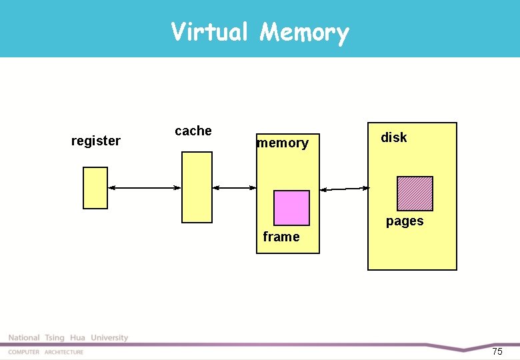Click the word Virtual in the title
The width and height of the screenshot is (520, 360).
tap(209, 31)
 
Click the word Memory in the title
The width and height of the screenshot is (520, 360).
tap(304, 32)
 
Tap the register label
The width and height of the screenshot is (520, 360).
tap(96, 141)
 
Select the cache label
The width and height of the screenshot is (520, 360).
tap(193, 131)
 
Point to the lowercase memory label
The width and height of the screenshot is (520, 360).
tap(283, 143)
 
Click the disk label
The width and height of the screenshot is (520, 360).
tap(393, 137)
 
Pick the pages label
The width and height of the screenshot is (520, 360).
tap(405, 221)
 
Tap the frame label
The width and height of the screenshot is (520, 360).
tap(281, 237)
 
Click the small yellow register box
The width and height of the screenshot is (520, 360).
tap(95, 187)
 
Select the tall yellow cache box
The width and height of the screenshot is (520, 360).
tap(197, 187)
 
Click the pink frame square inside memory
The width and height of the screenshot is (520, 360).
tap(292, 208)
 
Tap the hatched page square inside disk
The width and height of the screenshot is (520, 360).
tap(415, 193)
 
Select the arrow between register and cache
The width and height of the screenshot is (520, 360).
tap(145, 188)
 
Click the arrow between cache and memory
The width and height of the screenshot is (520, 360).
tap(234, 188)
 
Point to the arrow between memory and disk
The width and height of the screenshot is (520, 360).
tap(344, 189)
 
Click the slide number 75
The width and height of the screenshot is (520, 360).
tap(497, 351)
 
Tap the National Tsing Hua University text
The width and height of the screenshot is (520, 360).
tap(68, 338)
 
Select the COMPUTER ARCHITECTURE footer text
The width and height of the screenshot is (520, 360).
tap(46, 352)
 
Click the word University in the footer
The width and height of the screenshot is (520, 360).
tap(109, 338)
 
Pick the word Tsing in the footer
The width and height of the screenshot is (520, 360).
tap(55, 338)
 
